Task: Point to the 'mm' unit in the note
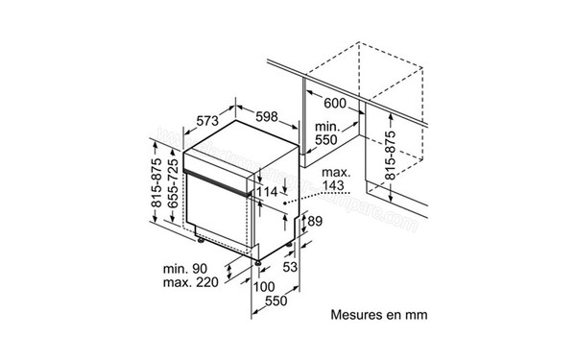coord(416,314)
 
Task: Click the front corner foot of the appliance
coord(258,260)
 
